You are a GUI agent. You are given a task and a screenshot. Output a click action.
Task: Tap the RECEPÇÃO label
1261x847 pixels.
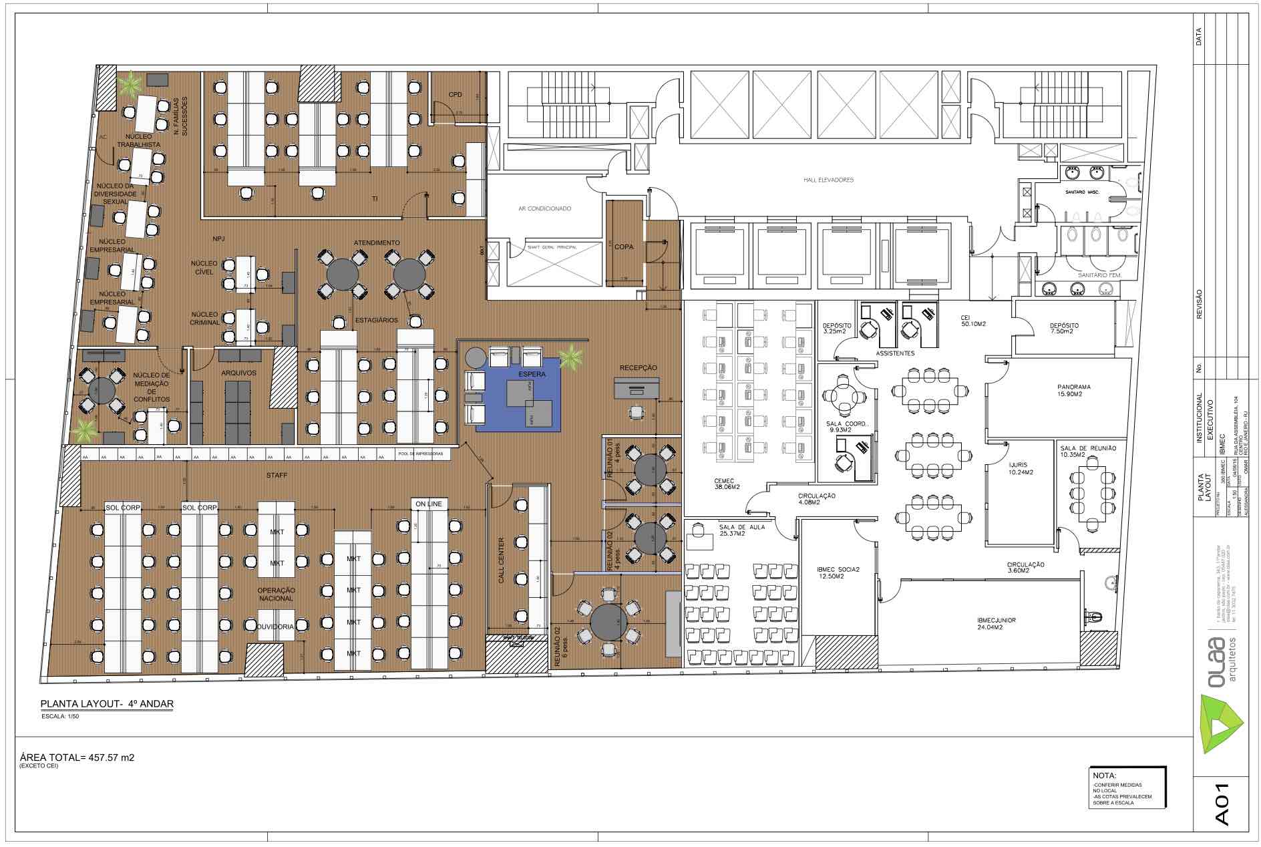click(x=638, y=367)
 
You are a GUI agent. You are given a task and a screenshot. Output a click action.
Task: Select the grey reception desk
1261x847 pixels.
click(x=637, y=388)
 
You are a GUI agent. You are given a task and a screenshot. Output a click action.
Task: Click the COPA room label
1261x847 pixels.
click(x=624, y=246)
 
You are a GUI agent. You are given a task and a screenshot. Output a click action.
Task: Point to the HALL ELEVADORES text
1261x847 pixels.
click(x=828, y=180)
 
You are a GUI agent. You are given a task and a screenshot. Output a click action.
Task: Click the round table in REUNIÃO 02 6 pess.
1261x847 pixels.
click(x=608, y=621)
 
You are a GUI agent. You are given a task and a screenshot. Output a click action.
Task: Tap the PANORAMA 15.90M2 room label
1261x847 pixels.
click(x=1074, y=390)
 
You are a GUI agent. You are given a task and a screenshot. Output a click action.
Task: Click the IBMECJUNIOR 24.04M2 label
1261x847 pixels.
click(x=996, y=623)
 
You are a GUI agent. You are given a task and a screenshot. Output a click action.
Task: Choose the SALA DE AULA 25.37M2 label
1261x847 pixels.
click(x=742, y=530)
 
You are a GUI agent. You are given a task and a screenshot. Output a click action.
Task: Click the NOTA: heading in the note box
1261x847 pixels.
click(x=1104, y=776)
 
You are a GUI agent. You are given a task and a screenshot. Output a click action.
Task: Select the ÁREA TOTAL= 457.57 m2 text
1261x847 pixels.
click(x=77, y=757)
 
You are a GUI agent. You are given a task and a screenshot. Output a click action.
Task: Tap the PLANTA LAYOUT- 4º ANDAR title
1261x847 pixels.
click(x=107, y=704)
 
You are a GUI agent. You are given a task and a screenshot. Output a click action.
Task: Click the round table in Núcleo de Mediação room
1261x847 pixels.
click(x=101, y=390)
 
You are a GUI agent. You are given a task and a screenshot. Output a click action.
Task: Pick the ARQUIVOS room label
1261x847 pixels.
click(x=238, y=373)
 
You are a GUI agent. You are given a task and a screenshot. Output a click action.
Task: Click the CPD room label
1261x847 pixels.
click(x=455, y=94)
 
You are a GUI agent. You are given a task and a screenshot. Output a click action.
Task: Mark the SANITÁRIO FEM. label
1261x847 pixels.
click(x=1098, y=275)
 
